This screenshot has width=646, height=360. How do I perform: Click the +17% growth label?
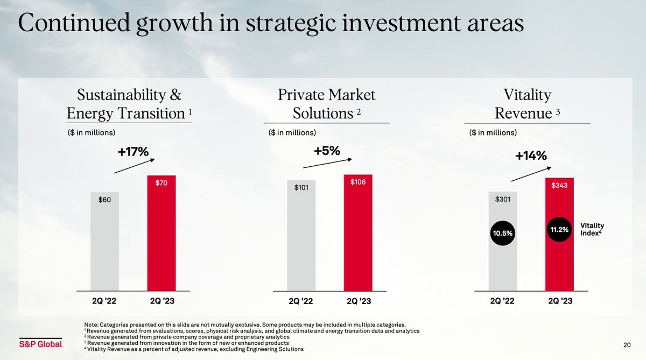click(133, 152)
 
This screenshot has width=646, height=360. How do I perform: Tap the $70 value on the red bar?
click(161, 183)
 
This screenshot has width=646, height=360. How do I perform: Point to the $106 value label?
click(358, 182)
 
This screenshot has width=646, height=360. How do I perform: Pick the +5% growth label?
click(327, 151)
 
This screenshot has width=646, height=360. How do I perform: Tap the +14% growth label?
click(531, 156)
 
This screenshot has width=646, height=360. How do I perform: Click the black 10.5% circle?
click(502, 234)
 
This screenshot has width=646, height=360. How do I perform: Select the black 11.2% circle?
click(559, 230)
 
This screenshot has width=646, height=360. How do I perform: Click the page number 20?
click(627, 344)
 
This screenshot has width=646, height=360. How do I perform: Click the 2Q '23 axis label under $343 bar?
click(559, 302)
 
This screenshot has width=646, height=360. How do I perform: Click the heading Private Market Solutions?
click(326, 105)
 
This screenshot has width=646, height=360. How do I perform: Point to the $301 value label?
click(502, 199)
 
